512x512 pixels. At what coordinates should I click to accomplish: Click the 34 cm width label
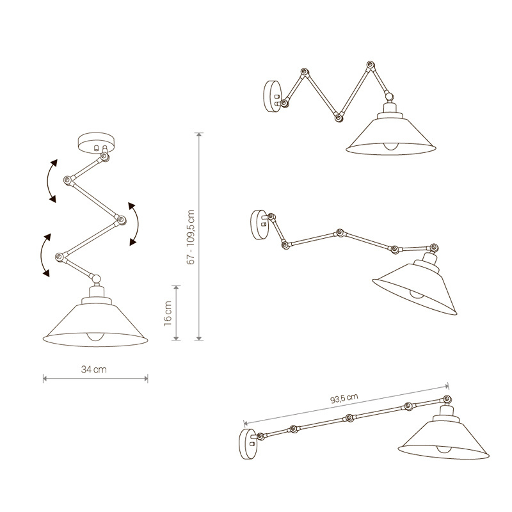click(x=94, y=370)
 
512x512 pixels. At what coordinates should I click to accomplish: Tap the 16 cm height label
click(x=168, y=312)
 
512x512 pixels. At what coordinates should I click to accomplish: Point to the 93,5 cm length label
click(x=344, y=399)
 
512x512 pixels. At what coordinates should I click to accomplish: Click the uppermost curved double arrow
click(x=51, y=181)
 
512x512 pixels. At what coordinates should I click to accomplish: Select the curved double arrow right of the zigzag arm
click(x=134, y=223)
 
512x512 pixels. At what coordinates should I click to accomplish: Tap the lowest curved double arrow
click(x=44, y=255)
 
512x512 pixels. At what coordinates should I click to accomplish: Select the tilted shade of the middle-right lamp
click(x=416, y=285)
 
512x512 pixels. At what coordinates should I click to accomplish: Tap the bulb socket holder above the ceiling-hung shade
click(x=95, y=293)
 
